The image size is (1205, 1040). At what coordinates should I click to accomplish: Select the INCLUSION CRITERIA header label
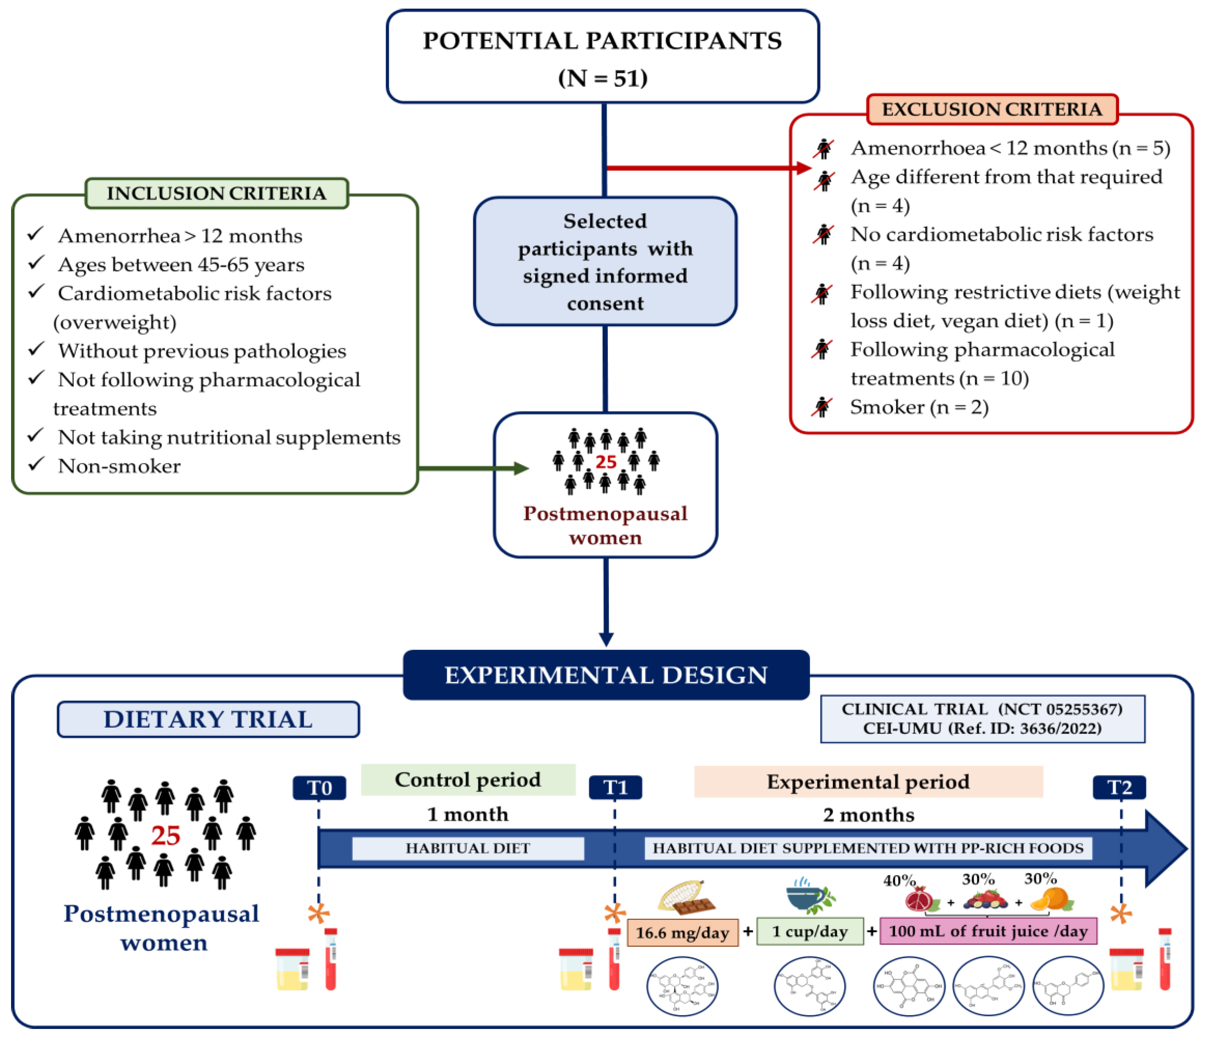click(x=216, y=193)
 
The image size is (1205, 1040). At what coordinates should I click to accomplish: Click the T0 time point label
click(x=319, y=788)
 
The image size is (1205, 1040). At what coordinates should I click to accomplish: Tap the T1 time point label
click(x=615, y=788)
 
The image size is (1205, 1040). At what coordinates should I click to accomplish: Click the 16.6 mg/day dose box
click(x=682, y=933)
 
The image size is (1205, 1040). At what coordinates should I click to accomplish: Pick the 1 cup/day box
click(x=810, y=931)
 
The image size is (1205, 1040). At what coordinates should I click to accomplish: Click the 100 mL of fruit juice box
click(x=988, y=931)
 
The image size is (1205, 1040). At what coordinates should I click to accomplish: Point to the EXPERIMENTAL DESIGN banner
click(x=606, y=675)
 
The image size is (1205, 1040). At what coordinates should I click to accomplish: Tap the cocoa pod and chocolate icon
click(x=686, y=896)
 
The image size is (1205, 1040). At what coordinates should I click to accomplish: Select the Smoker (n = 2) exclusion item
click(x=919, y=407)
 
